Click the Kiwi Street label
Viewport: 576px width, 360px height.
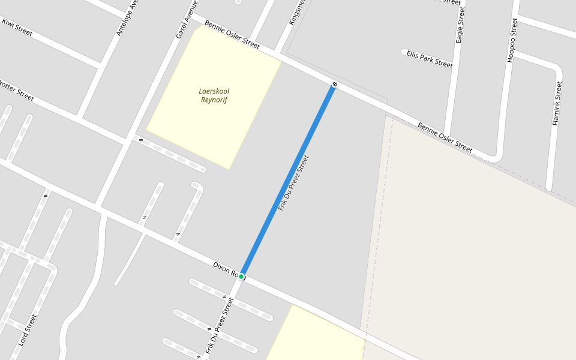tap(17, 27)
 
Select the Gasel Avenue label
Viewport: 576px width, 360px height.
tap(187, 20)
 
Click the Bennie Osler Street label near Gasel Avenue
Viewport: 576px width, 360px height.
tap(232, 35)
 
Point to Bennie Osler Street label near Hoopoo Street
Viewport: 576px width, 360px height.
tap(445, 137)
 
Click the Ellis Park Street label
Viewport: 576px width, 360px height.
tap(429, 59)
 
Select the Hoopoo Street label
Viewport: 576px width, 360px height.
tap(512, 40)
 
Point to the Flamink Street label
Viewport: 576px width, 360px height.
tap(557, 103)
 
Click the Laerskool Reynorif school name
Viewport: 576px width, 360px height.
tap(214, 95)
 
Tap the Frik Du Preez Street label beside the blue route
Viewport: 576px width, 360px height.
tap(293, 183)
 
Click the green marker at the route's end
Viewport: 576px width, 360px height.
tap(241, 276)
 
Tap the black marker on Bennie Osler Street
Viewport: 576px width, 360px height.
tap(335, 84)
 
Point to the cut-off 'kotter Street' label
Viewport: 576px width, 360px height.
tap(17, 90)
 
